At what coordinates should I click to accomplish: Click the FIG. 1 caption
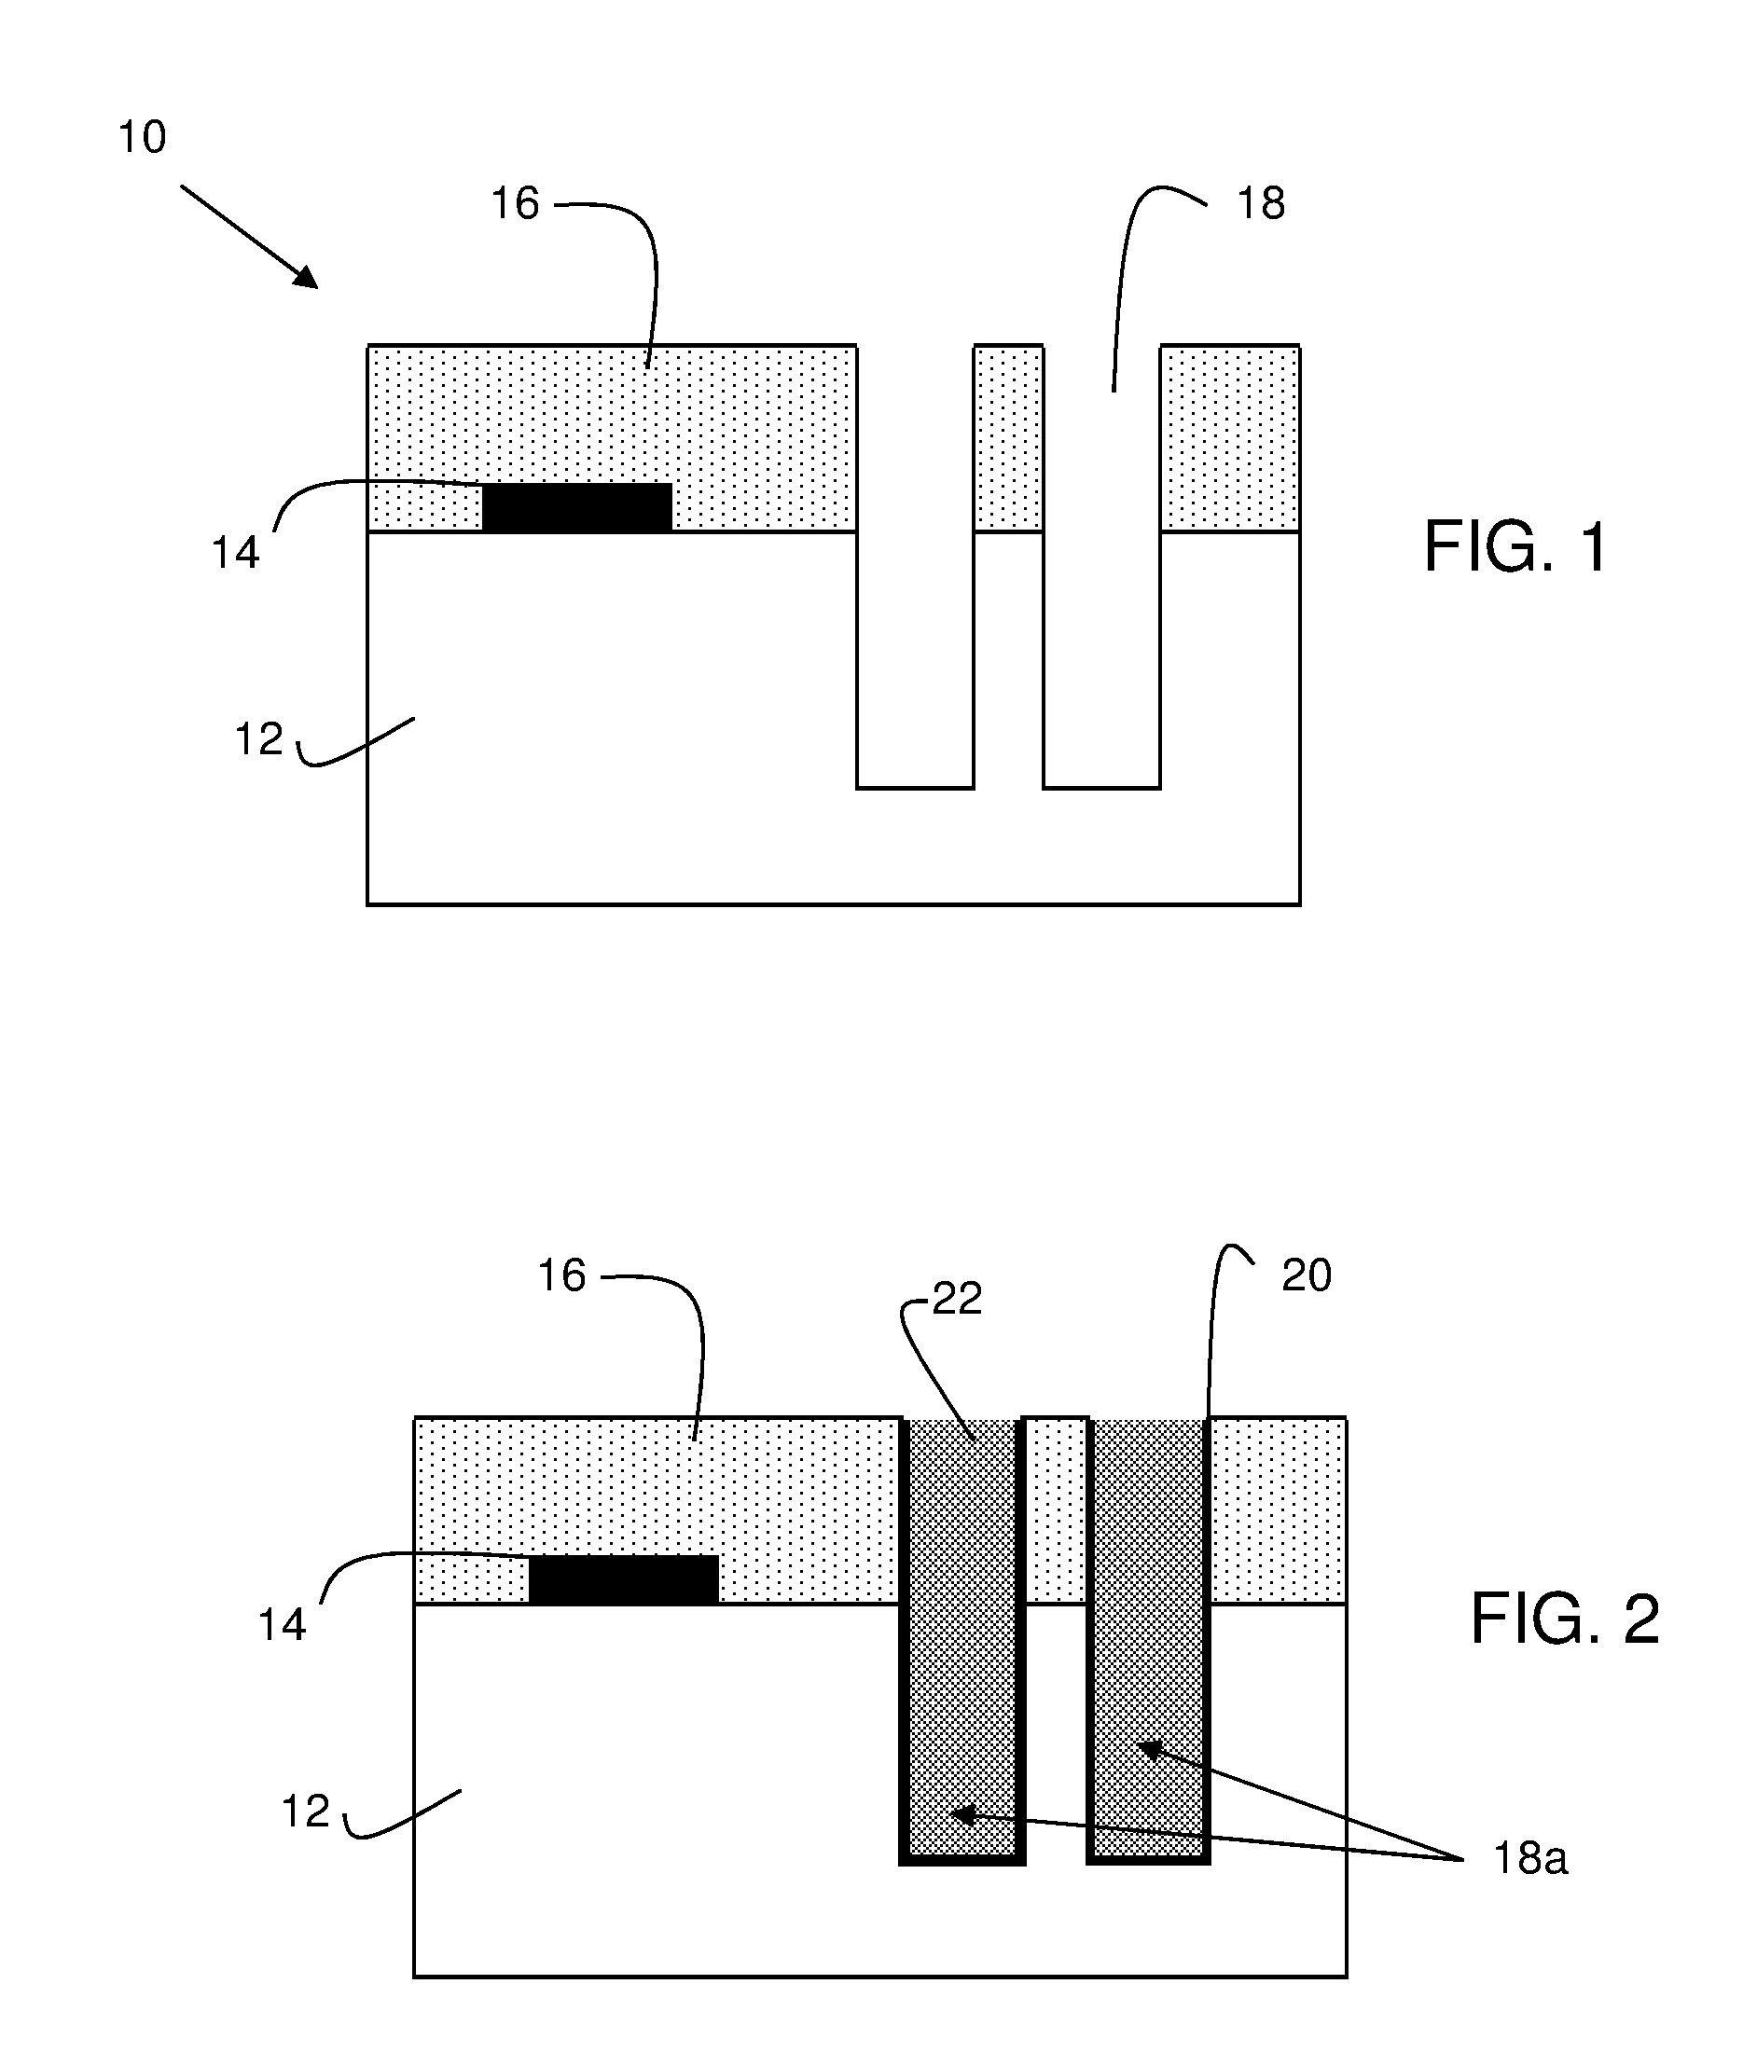1515,547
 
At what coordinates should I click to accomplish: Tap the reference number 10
142,137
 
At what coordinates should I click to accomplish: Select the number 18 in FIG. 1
1261,203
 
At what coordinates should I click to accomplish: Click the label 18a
1530,1860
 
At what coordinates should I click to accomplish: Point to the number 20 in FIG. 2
1307,1275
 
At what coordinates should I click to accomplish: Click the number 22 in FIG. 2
957,1298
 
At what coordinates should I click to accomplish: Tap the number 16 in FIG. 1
516,203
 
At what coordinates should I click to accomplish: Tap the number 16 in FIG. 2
561,1275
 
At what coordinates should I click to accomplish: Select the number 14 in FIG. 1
236,553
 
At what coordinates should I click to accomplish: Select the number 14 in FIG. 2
283,1625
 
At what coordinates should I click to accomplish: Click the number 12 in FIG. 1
258,739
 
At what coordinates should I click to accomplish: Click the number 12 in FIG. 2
305,1812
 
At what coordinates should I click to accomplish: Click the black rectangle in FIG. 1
576,507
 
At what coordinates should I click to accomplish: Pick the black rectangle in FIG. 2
624,1579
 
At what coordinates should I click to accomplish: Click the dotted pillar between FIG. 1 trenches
1009,438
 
